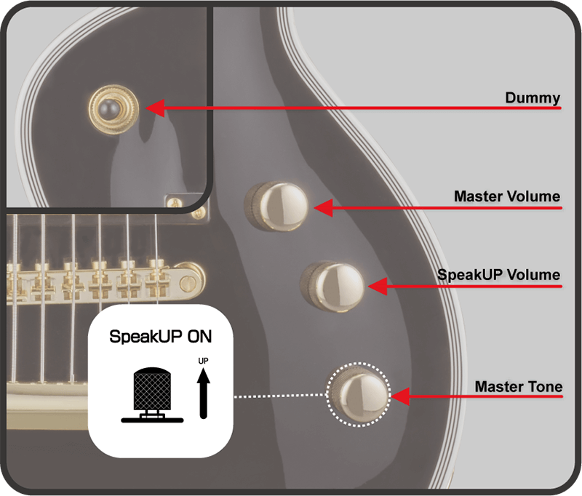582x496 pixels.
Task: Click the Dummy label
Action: (533, 97)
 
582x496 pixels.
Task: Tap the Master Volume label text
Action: (506, 196)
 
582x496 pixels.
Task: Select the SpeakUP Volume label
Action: (499, 275)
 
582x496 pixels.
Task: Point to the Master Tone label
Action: (518, 386)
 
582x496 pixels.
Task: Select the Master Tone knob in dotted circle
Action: (359, 394)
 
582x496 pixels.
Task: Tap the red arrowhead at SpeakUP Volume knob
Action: (377, 286)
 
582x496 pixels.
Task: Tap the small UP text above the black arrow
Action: (204, 361)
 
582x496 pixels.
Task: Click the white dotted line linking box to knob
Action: (280, 396)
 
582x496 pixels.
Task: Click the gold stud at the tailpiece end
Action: (190, 277)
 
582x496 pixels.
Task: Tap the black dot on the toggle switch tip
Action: (110, 108)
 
